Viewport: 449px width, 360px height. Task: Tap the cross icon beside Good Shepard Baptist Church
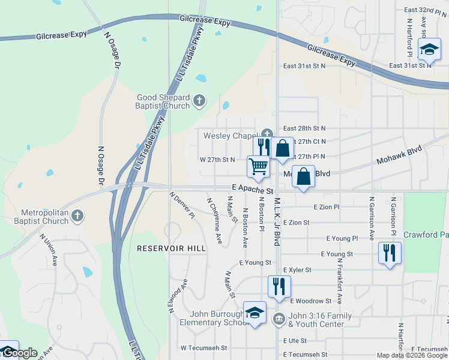(x=200, y=101)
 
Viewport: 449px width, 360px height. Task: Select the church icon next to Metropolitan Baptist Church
(x=77, y=216)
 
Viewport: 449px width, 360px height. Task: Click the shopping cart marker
(x=258, y=166)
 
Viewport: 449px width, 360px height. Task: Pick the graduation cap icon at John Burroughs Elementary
(x=255, y=313)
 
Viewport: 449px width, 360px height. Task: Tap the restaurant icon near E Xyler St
(x=279, y=286)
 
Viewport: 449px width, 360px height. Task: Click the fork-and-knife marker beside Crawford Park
(x=390, y=253)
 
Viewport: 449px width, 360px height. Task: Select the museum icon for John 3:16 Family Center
(x=279, y=318)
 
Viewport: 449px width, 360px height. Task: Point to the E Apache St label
(x=253, y=188)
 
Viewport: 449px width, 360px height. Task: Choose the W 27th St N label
(x=217, y=160)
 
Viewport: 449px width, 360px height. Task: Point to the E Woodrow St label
(x=310, y=301)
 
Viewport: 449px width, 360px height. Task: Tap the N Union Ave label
(x=49, y=250)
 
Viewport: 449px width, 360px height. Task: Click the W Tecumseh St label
(x=204, y=347)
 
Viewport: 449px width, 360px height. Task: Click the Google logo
(x=19, y=353)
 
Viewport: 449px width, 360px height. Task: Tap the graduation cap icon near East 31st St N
(x=429, y=50)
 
